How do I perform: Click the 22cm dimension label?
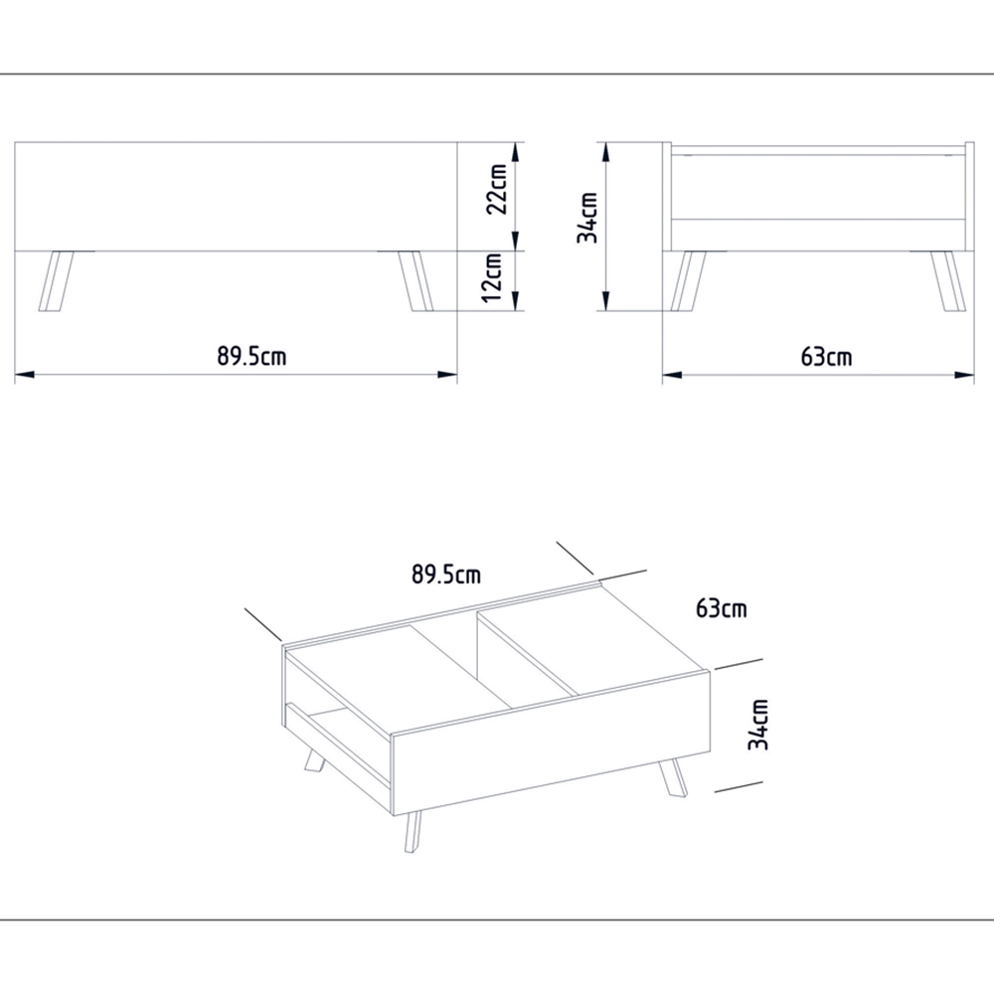coord(498,189)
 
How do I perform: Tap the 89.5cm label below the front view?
coord(252,356)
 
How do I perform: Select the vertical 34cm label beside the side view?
coord(588,218)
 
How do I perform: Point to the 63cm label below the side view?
coord(826,356)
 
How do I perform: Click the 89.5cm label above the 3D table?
coord(446,574)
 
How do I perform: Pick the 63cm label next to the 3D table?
coord(722,608)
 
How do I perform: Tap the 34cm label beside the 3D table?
coord(759,724)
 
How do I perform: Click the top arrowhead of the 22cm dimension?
coord(515,150)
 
